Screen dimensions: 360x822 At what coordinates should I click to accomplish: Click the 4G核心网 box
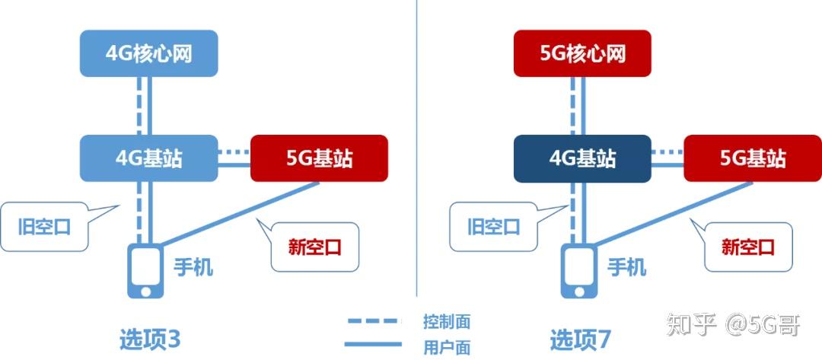[148, 53]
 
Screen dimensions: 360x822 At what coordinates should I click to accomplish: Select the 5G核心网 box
[582, 53]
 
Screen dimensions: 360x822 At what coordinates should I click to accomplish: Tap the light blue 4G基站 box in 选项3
[148, 158]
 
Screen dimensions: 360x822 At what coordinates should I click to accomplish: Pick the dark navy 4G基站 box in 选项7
[582, 158]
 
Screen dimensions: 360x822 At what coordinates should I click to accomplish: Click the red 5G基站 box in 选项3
[319, 158]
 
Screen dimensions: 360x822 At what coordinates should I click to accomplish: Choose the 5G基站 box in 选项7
[753, 158]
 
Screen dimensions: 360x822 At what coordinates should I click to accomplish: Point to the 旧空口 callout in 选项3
[44, 227]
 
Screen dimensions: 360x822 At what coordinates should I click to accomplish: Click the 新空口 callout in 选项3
[314, 246]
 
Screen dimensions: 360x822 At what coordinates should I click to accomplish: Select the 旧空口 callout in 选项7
[493, 227]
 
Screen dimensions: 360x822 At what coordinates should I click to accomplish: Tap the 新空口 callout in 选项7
[748, 246]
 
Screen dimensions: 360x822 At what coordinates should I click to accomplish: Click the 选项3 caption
[150, 339]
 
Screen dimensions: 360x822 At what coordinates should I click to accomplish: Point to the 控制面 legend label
[447, 321]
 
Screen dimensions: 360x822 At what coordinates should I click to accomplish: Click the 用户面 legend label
[447, 347]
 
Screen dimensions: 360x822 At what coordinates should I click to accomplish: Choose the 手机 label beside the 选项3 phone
[193, 267]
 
